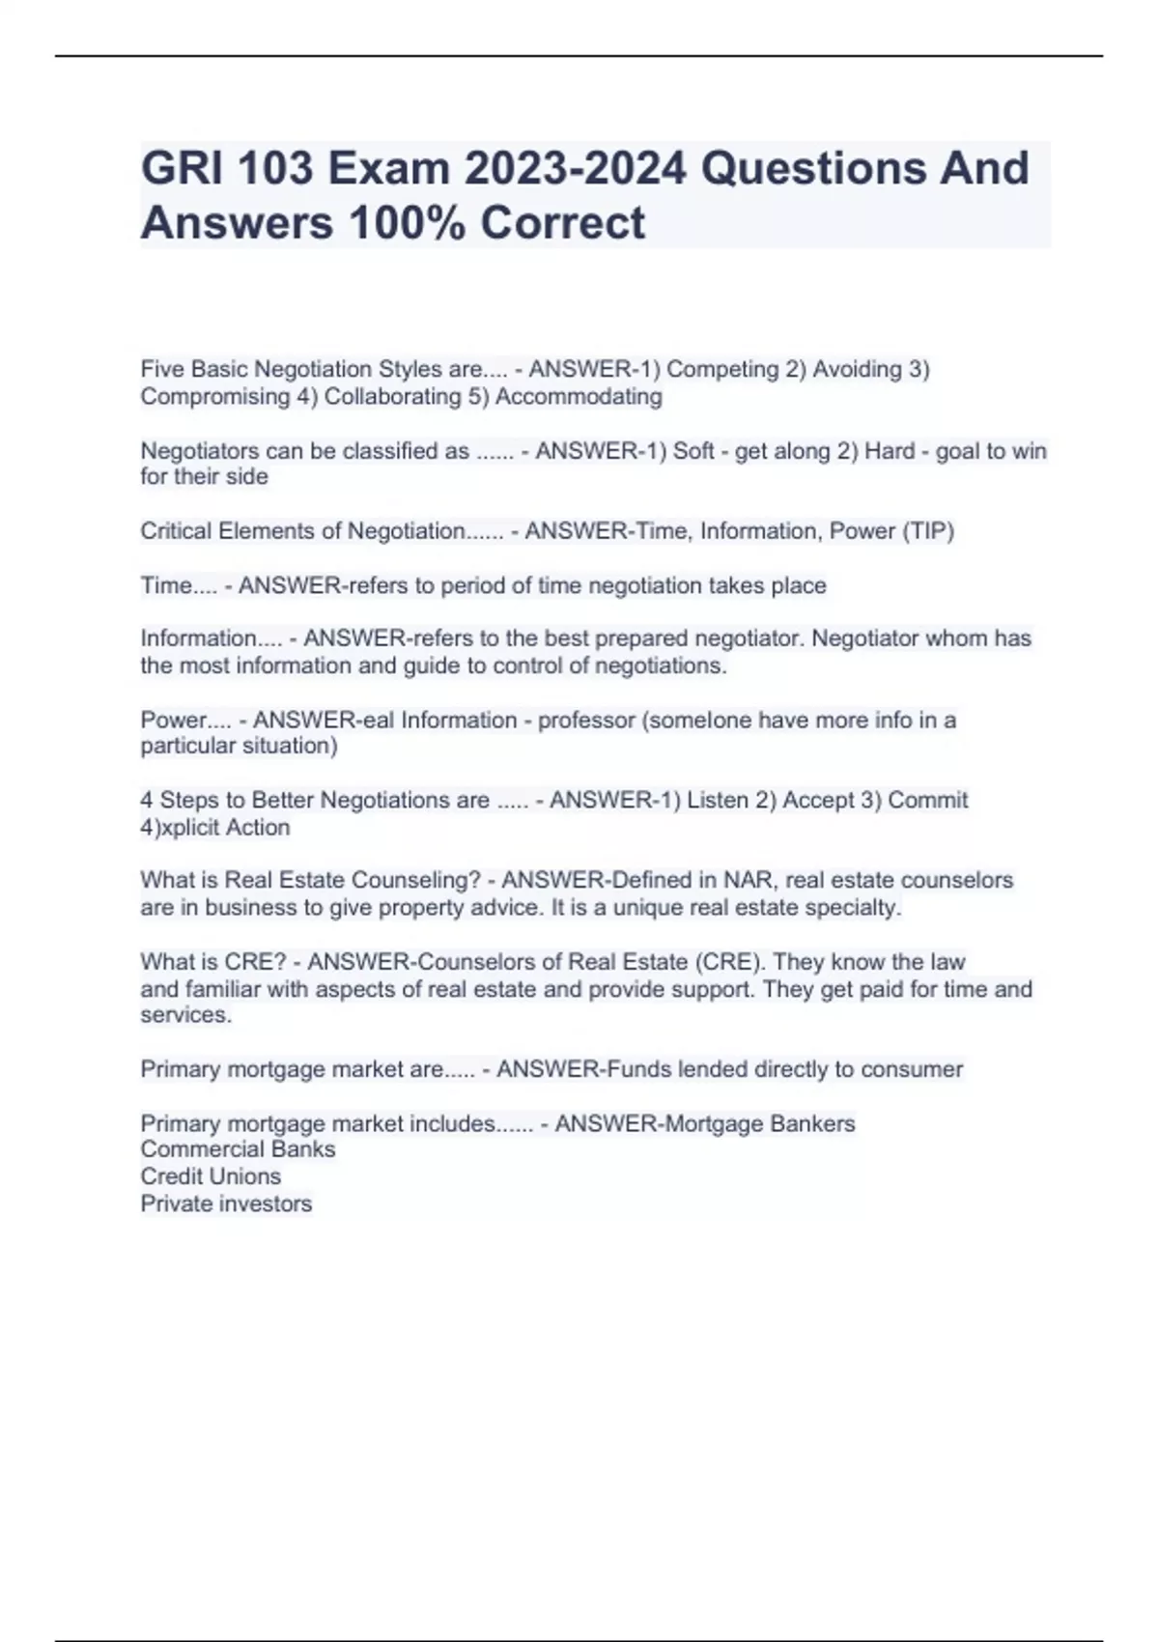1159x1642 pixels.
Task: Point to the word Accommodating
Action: (579, 396)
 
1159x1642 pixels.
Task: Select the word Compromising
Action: (214, 396)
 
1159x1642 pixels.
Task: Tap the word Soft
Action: (693, 451)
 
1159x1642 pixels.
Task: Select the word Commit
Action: (927, 800)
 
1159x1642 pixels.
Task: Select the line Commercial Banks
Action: (238, 1149)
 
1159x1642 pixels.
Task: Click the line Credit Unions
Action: (211, 1176)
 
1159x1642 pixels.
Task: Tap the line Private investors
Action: (226, 1203)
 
